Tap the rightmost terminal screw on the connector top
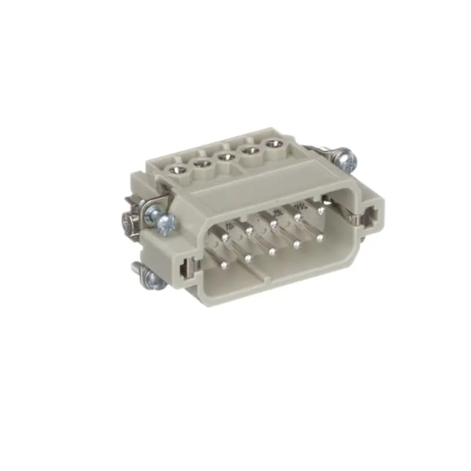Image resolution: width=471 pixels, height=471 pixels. click(x=273, y=144)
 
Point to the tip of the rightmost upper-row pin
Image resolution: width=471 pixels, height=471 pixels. click(x=321, y=209)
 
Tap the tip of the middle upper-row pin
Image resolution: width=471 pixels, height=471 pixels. click(x=274, y=224)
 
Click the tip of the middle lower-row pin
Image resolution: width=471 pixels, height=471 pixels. click(x=273, y=251)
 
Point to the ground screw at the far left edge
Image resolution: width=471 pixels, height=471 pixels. click(x=129, y=224)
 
